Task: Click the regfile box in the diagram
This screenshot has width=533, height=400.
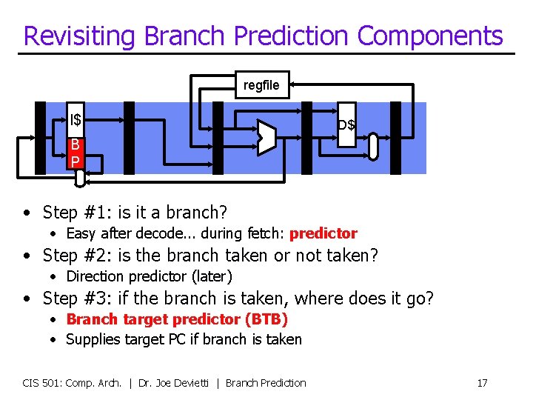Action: tap(261, 85)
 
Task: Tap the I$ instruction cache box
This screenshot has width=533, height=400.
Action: tap(75, 119)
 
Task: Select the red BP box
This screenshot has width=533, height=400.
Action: tap(75, 152)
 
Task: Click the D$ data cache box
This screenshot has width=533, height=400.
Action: tap(346, 124)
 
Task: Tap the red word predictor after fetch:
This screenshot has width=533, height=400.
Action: tap(323, 234)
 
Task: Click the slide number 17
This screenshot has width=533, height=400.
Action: tap(482, 383)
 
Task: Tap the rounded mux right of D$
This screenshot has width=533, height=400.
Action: tap(374, 146)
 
